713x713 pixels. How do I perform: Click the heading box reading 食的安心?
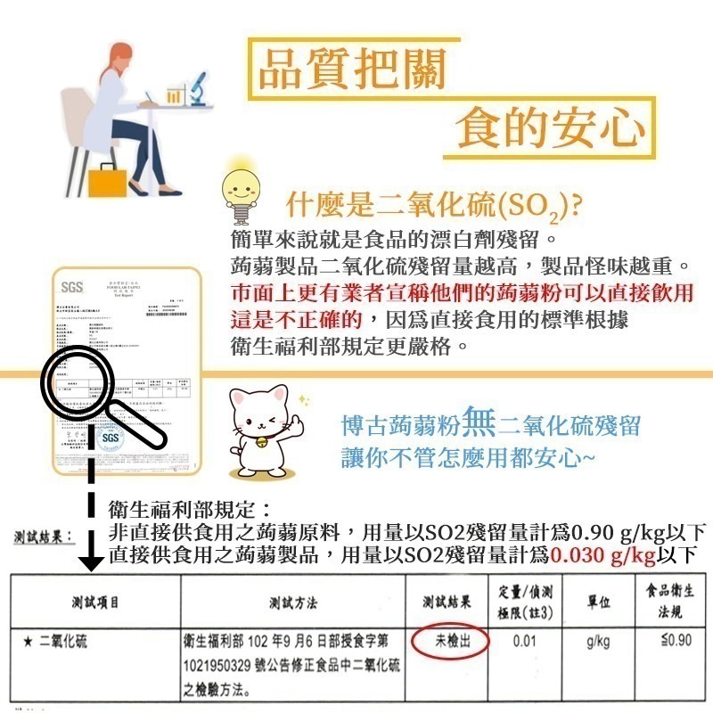[x=550, y=127]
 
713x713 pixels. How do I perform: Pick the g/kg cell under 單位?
[x=599, y=641]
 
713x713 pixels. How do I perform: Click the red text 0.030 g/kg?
[x=603, y=556]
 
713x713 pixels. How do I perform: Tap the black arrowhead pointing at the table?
[x=89, y=561]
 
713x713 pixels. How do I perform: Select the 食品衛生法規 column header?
[x=669, y=602]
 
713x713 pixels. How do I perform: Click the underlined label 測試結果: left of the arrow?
[x=43, y=537]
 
